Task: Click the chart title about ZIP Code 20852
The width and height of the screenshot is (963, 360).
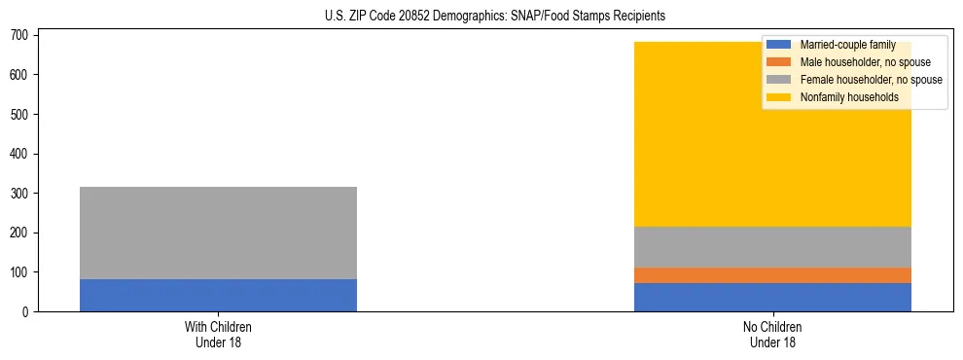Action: [x=495, y=17]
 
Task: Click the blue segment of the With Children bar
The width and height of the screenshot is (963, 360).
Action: [x=218, y=295]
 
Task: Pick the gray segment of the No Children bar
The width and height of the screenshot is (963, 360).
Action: [x=772, y=247]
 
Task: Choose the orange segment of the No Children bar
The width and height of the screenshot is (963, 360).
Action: [x=772, y=275]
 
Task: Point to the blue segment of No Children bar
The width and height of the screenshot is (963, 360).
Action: [x=772, y=297]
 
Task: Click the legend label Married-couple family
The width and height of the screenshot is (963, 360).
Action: [x=847, y=45]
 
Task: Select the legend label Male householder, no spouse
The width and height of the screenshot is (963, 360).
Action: [x=865, y=62]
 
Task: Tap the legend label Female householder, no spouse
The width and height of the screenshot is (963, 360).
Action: [x=871, y=80]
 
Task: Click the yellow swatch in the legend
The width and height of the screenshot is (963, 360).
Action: [x=779, y=97]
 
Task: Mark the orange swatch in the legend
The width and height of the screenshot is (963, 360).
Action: [x=779, y=62]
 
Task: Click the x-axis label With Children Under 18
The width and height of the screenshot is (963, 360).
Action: [x=218, y=335]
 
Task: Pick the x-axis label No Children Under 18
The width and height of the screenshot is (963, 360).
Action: [x=772, y=335]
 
